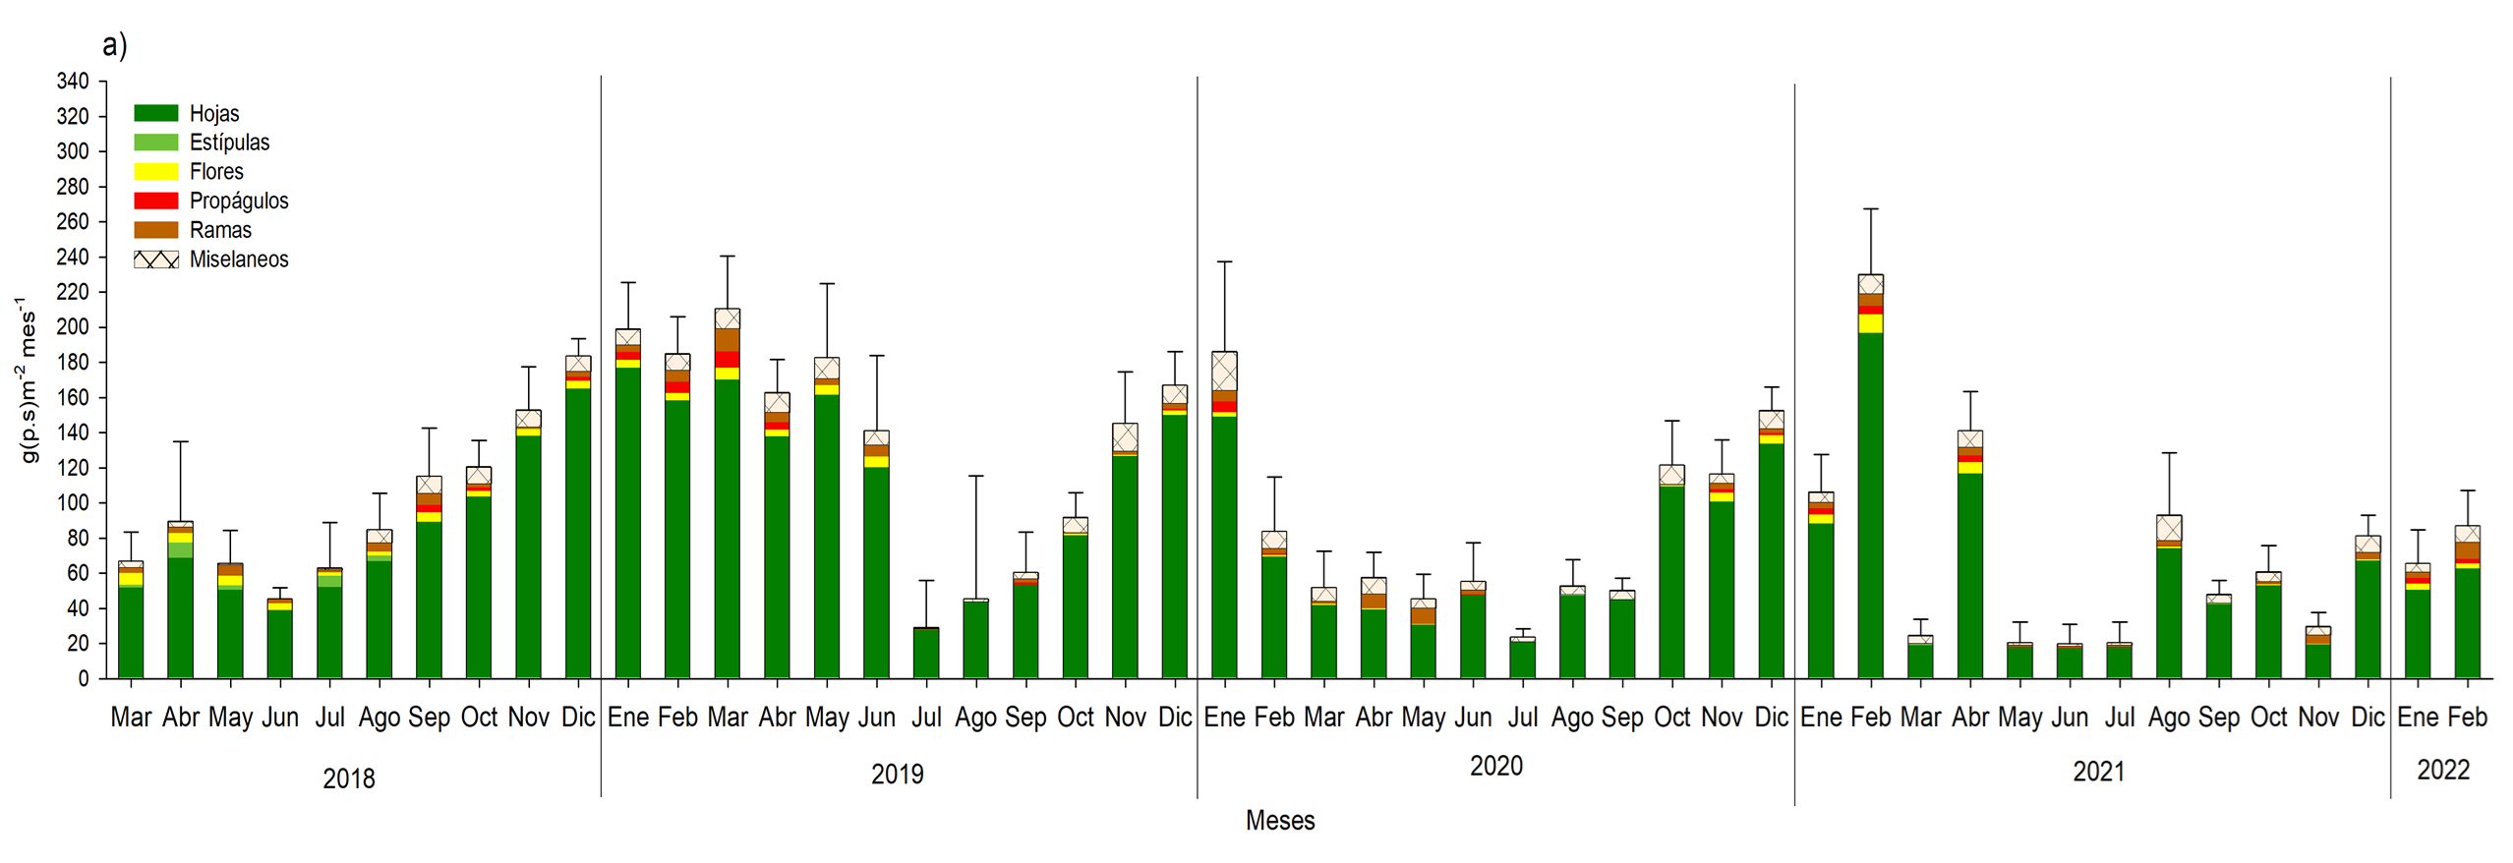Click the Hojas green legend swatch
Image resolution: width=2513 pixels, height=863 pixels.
point(156,113)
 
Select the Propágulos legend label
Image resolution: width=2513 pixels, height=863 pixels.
point(239,201)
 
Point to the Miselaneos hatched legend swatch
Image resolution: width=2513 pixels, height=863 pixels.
point(156,259)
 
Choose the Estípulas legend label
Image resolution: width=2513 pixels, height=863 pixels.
point(229,143)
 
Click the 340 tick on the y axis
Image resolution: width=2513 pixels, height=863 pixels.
point(73,81)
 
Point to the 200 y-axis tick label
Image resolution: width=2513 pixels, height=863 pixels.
point(73,327)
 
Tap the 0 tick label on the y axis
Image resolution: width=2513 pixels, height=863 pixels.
point(84,678)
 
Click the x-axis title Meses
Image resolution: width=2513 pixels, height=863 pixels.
point(1279,821)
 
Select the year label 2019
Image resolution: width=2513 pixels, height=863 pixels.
point(897,775)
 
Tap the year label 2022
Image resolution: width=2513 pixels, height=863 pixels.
point(2443,770)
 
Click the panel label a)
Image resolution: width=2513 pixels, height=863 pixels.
point(114,45)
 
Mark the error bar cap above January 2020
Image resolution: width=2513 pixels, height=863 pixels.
point(1224,261)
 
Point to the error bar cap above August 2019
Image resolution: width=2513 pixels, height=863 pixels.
point(975,476)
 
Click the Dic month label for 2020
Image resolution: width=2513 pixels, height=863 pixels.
point(1771,718)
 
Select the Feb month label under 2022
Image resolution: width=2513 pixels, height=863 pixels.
point(2467,718)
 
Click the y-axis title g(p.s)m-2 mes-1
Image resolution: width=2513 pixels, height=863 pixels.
point(27,381)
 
